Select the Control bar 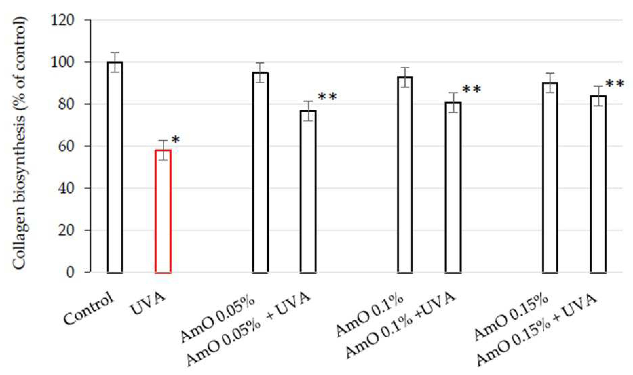pos(115,167)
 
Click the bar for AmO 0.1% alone pos(405,174)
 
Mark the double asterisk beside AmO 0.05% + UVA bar pos(327,97)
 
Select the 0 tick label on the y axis pos(70,272)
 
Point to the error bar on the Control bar pos(115,62)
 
